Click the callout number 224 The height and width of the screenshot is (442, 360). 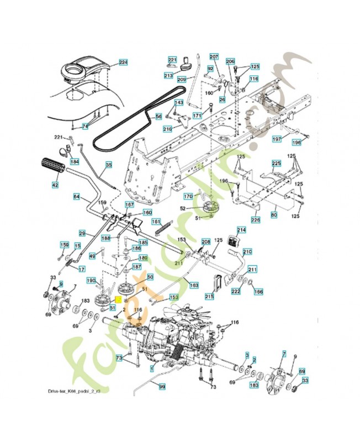tap(123, 62)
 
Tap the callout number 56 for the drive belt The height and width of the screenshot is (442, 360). tap(158, 117)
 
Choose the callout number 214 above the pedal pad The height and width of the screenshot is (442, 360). tap(241, 230)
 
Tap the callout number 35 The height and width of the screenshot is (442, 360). tap(108, 165)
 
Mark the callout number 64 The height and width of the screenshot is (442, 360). tap(77, 197)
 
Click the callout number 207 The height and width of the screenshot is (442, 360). tap(214, 57)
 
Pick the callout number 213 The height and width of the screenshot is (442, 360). tap(168, 75)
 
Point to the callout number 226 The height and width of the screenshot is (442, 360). tap(256, 220)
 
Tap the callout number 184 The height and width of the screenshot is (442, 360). tap(75, 162)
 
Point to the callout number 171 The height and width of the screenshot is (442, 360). tap(197, 115)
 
